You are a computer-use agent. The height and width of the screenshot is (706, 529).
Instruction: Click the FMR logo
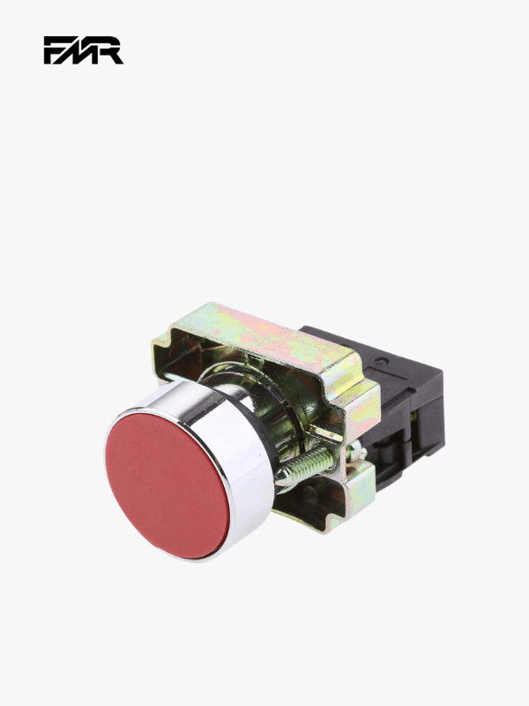tap(83, 50)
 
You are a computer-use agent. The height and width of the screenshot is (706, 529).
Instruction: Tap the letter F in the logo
tap(56, 50)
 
